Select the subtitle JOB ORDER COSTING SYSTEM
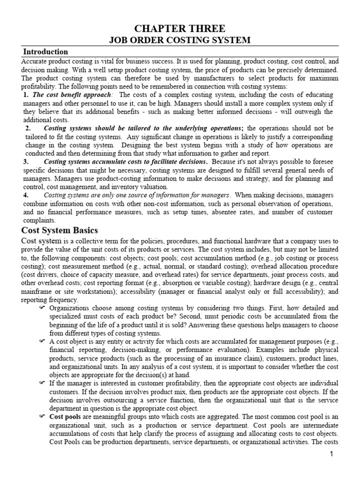click(x=180, y=41)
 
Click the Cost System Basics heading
click(x=60, y=230)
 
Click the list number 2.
click(x=28, y=128)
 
